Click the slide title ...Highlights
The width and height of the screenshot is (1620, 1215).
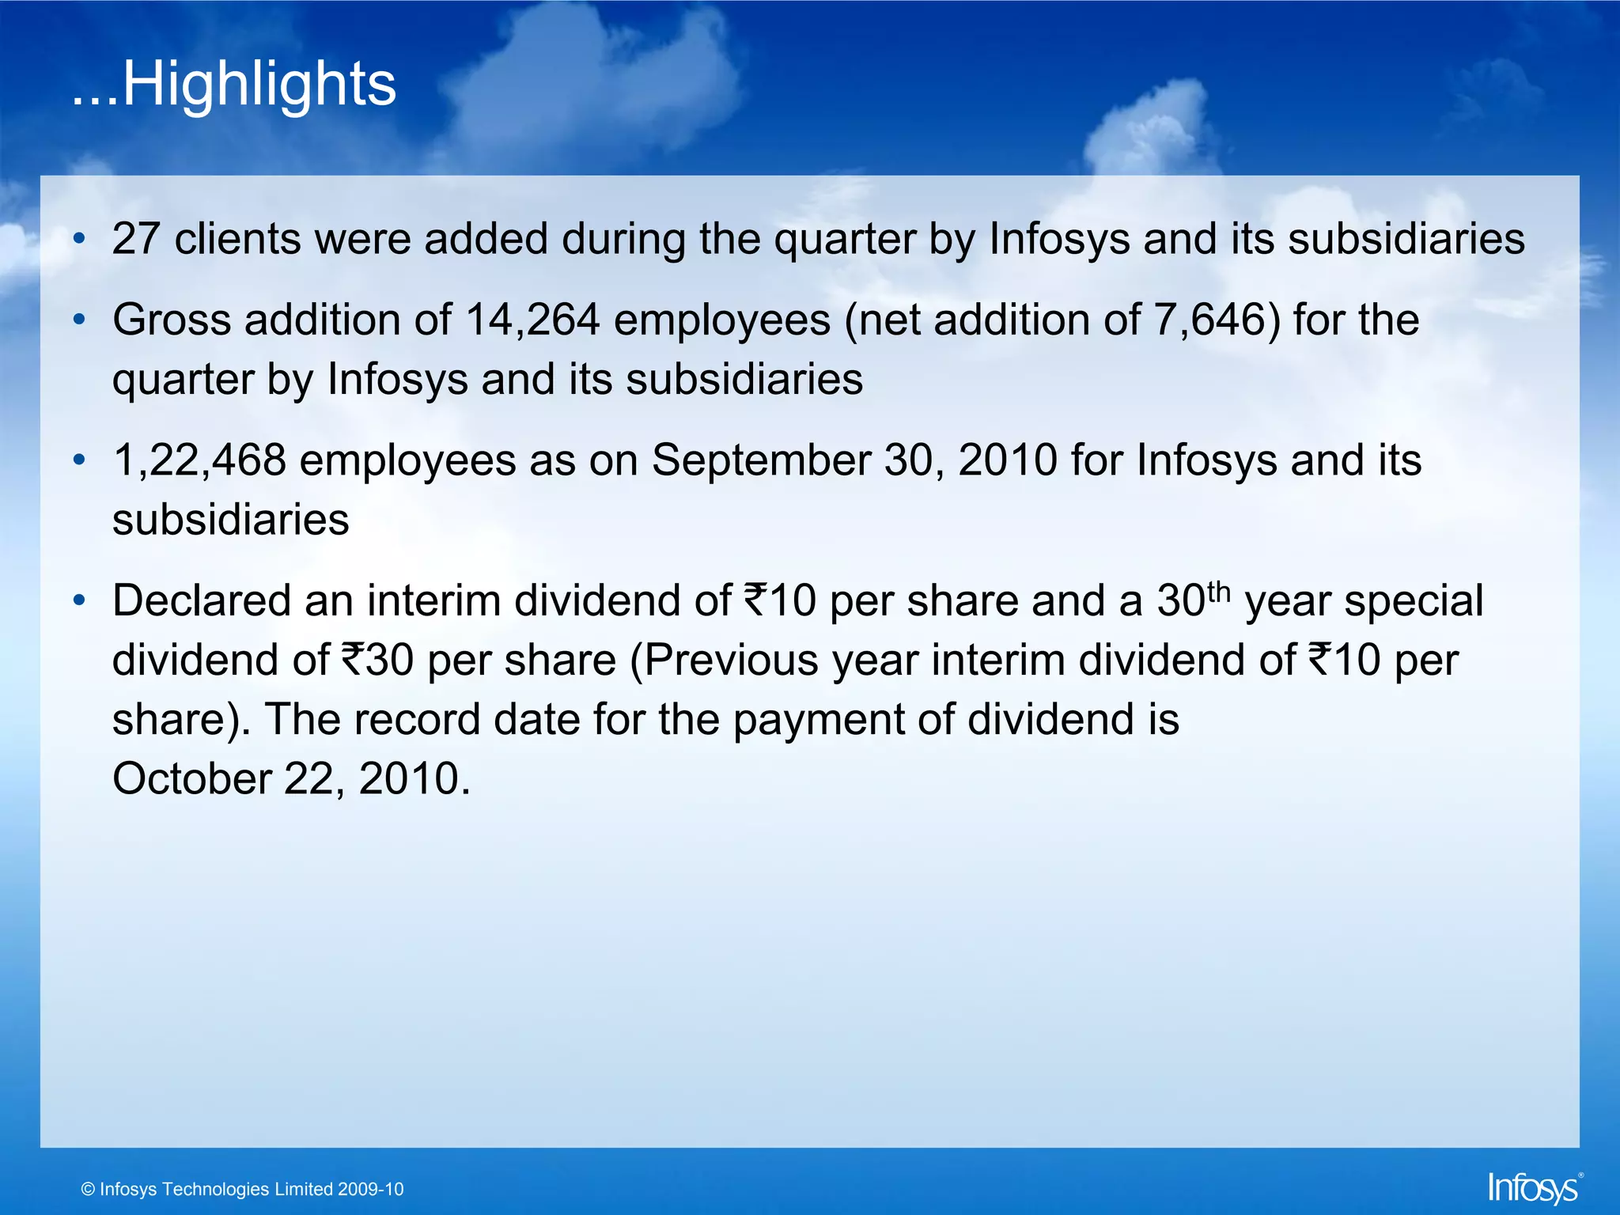point(234,84)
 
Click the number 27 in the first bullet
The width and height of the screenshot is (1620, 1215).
point(135,239)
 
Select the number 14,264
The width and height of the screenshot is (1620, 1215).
point(532,320)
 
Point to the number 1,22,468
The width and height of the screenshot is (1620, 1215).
point(199,460)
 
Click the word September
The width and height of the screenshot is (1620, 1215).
point(760,460)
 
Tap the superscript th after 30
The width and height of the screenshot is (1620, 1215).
point(1220,591)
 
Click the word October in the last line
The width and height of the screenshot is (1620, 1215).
point(192,778)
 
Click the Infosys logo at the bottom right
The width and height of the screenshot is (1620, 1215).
point(1534,1188)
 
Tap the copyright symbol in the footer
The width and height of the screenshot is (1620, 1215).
point(88,1190)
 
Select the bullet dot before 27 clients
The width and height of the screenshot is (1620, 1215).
point(78,239)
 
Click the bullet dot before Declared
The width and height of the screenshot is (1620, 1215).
point(78,601)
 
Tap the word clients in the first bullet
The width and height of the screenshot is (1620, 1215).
point(237,239)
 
